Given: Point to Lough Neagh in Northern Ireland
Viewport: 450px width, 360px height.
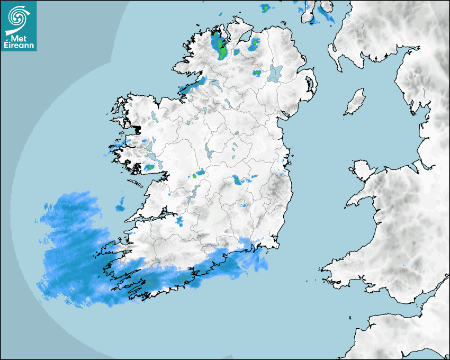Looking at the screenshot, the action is click(x=275, y=73).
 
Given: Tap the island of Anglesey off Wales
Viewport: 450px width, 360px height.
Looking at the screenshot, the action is click(x=362, y=168).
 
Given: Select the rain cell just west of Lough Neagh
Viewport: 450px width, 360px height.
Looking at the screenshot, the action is click(x=257, y=73).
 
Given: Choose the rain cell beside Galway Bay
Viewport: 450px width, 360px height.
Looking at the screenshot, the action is click(x=149, y=168).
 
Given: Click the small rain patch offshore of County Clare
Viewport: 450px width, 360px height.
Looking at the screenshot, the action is click(x=121, y=204).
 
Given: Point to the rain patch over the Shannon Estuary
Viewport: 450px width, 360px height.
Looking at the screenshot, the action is click(x=179, y=221).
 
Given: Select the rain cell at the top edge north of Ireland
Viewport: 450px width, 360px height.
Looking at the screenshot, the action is click(x=265, y=8).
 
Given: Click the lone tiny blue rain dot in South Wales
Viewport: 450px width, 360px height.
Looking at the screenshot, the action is click(x=404, y=265).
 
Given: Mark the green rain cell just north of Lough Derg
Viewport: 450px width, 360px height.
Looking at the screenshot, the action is click(x=199, y=173).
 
